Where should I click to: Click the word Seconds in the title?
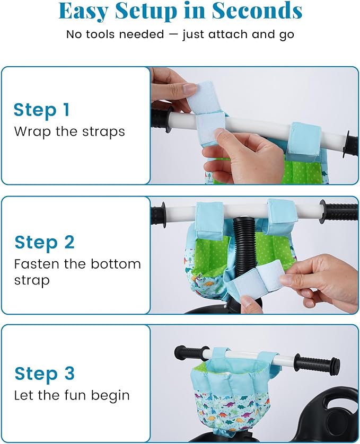(x=257, y=11)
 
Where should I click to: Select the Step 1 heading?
(x=41, y=110)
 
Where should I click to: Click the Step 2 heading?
(x=45, y=243)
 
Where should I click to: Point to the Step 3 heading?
(x=45, y=374)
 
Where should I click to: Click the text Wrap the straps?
(x=69, y=132)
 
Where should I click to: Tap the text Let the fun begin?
(x=72, y=395)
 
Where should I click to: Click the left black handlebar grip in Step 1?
(x=162, y=119)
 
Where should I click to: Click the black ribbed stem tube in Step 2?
(x=244, y=245)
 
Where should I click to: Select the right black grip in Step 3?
(x=317, y=361)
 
